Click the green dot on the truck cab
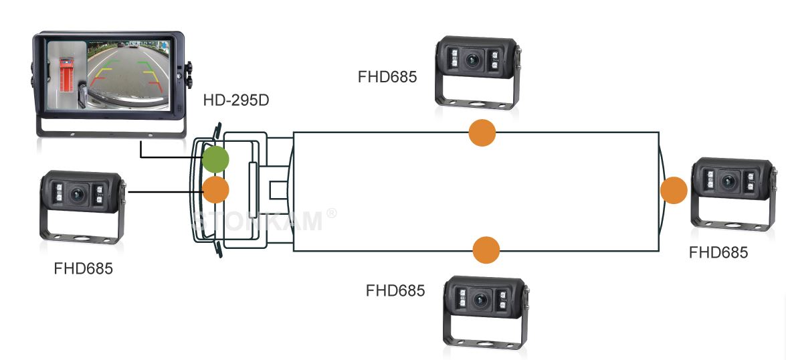(215, 160)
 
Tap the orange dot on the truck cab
(215, 189)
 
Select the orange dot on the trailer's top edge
(482, 132)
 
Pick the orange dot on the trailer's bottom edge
(486, 250)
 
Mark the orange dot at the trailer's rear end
(674, 191)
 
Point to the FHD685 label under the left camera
(83, 270)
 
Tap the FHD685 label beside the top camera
(387, 76)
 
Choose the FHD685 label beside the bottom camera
(395, 291)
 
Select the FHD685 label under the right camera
(718, 252)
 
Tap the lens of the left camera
(79, 194)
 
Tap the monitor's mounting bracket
(110, 130)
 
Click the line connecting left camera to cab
(165, 193)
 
